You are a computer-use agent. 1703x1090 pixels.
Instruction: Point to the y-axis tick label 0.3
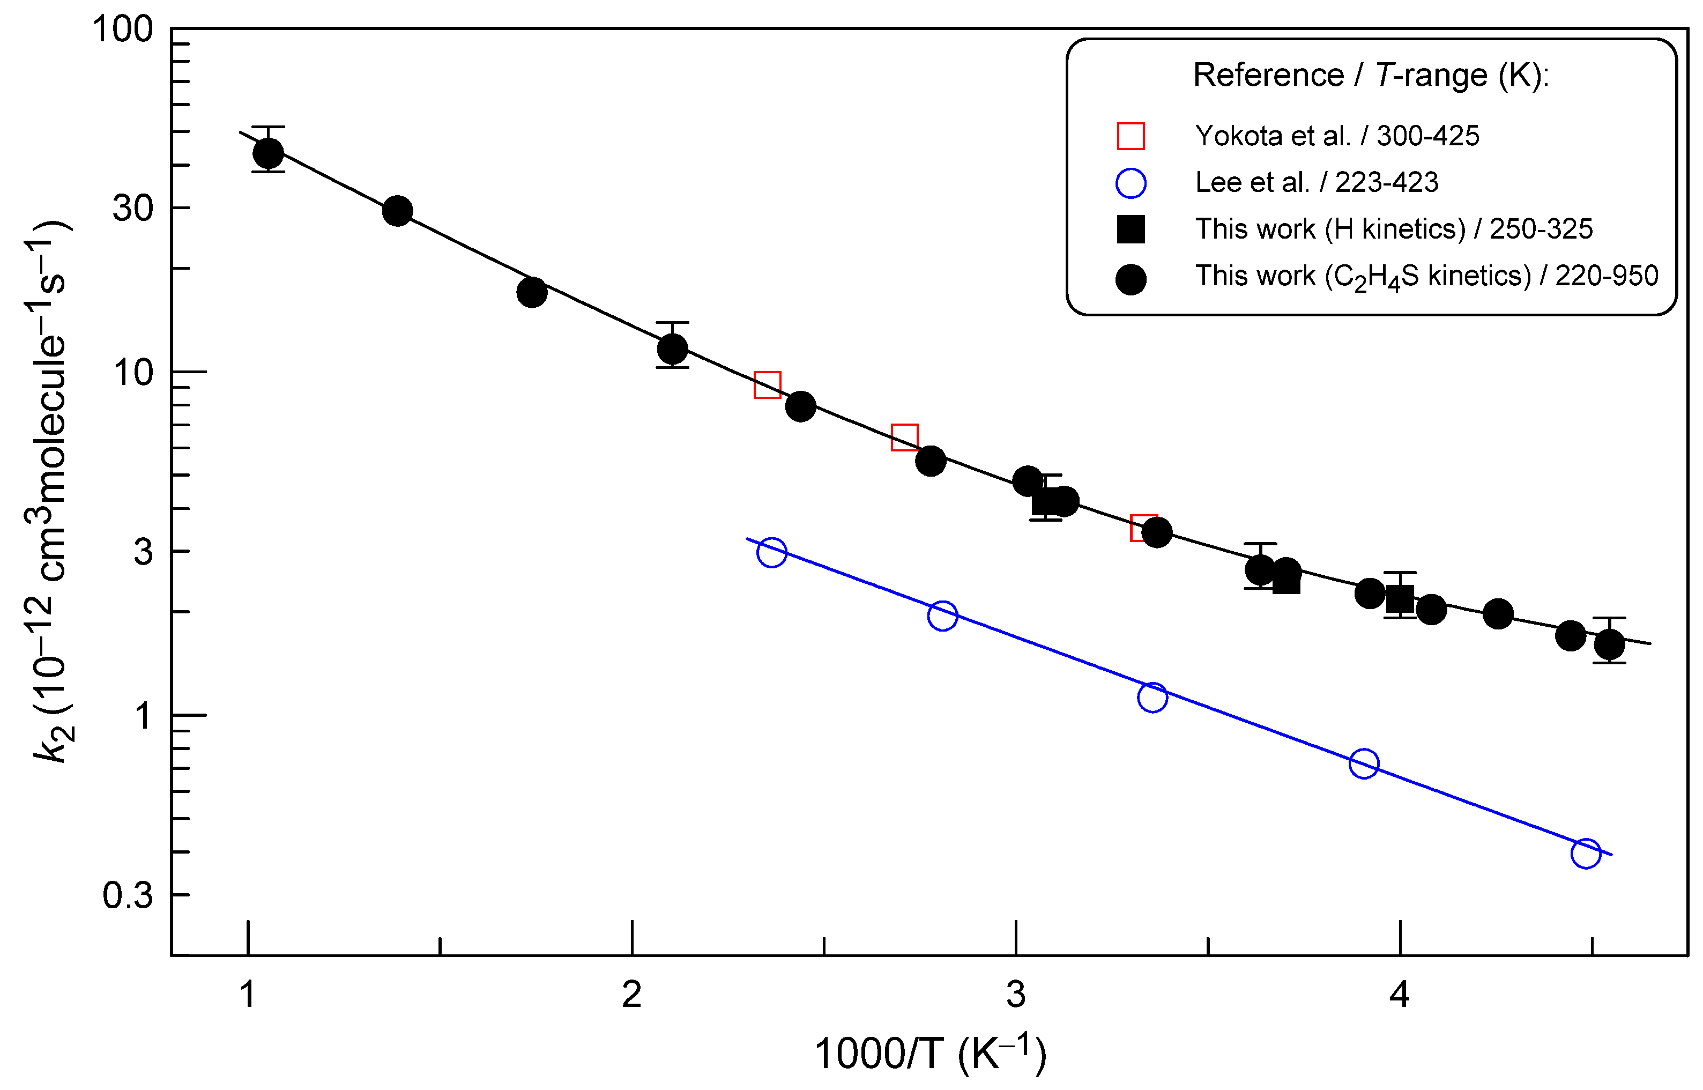(x=128, y=895)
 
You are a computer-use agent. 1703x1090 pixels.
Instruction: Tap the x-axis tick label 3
(x=1016, y=995)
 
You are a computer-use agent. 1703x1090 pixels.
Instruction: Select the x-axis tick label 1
(x=247, y=995)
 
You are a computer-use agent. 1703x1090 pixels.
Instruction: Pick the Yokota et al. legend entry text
(x=1336, y=136)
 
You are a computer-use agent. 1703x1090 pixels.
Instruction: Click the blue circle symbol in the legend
(x=1131, y=183)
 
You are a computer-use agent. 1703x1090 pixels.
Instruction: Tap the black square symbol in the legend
(x=1131, y=229)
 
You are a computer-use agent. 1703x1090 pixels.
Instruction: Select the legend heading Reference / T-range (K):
(x=1371, y=75)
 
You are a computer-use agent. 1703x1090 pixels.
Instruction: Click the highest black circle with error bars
(x=268, y=152)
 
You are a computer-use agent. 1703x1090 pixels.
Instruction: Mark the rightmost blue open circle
(x=1586, y=854)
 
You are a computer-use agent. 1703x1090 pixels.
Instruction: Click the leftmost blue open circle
(x=771, y=552)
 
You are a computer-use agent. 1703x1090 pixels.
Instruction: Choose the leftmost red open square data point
(x=767, y=384)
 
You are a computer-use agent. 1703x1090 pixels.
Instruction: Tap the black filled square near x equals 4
(x=1400, y=599)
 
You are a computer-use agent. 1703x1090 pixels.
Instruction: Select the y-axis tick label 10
(x=132, y=372)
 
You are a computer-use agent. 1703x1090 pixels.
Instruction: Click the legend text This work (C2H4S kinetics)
(x=1426, y=276)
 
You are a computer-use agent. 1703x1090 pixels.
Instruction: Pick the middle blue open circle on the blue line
(x=1152, y=697)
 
